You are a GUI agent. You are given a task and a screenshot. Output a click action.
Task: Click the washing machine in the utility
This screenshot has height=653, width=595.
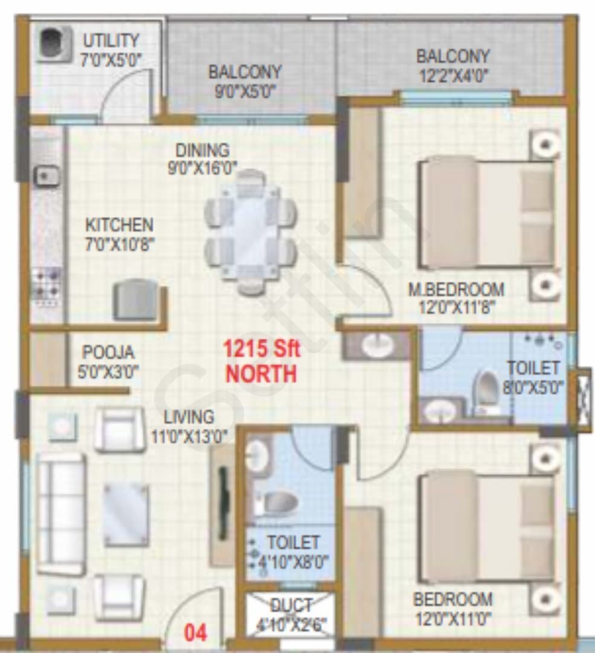pos(54,45)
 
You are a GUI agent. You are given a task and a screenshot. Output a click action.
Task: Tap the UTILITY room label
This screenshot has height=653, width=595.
pos(111,41)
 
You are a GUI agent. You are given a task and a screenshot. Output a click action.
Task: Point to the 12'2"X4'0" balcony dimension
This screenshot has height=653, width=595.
pos(453,76)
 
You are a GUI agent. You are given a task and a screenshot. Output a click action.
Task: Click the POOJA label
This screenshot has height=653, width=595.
pos(108,352)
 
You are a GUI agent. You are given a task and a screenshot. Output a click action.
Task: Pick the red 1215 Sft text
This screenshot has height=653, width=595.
pos(262,349)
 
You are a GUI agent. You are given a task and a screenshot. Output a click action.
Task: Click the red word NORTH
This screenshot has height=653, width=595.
pos(262,374)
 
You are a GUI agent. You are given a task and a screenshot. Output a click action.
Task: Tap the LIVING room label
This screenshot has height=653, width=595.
pos(189,417)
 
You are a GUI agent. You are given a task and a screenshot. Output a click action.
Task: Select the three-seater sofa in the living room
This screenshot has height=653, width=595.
pos(61,515)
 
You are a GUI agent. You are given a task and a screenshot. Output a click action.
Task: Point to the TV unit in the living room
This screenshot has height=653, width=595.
pos(223,504)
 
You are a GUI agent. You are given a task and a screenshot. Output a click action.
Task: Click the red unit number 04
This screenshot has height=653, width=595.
pos(196,634)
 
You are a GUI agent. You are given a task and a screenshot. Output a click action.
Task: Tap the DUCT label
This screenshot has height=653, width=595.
pos(291,605)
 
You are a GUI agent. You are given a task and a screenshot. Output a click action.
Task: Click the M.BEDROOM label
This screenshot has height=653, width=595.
pos(457,289)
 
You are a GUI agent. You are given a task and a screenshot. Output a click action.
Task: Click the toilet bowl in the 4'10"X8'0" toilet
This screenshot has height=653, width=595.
pos(275,503)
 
